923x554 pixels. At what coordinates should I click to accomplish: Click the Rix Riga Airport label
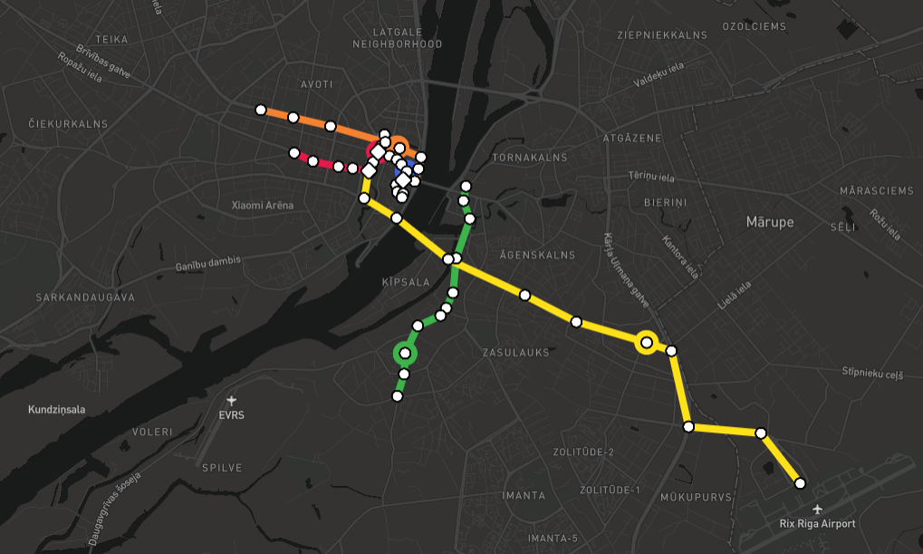pyautogui.click(x=817, y=523)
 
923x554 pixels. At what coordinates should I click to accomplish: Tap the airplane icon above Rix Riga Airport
pyautogui.click(x=818, y=509)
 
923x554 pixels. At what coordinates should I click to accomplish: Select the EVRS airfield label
pyautogui.click(x=232, y=415)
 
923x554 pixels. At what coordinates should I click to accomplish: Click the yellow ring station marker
pyautogui.click(x=646, y=342)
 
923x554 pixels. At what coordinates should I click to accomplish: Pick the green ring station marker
pyautogui.click(x=405, y=354)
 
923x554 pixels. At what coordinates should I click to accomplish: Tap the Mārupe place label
pyautogui.click(x=769, y=222)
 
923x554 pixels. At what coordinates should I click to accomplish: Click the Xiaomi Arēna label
pyautogui.click(x=263, y=205)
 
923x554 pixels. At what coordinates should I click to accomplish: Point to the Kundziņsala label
pyautogui.click(x=56, y=409)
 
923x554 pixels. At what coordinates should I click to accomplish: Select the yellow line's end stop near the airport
pyautogui.click(x=800, y=483)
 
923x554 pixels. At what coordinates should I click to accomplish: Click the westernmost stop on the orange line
pyautogui.click(x=261, y=110)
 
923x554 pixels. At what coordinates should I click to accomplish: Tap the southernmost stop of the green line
pyautogui.click(x=397, y=395)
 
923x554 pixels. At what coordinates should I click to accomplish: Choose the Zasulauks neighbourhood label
pyautogui.click(x=515, y=353)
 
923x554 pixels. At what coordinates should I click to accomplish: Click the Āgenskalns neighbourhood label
pyautogui.click(x=538, y=255)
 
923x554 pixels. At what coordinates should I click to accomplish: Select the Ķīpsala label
pyautogui.click(x=406, y=283)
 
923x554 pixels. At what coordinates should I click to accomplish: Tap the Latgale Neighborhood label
pyautogui.click(x=397, y=37)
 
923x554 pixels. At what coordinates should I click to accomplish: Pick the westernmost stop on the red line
pyautogui.click(x=293, y=152)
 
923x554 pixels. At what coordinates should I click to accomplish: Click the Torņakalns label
pyautogui.click(x=529, y=157)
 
